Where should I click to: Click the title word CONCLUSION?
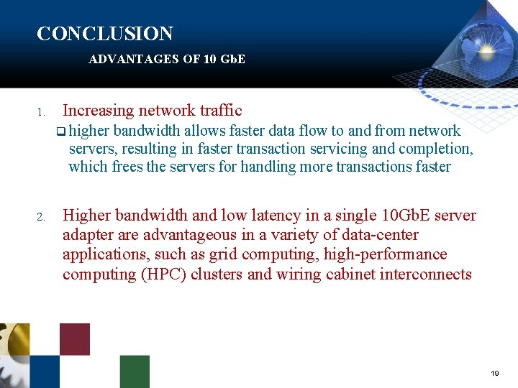click(x=104, y=34)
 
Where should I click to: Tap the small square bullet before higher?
click(x=61, y=131)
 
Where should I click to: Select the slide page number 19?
click(x=494, y=374)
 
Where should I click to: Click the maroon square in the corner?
click(x=75, y=338)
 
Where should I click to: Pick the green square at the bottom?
click(x=135, y=371)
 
